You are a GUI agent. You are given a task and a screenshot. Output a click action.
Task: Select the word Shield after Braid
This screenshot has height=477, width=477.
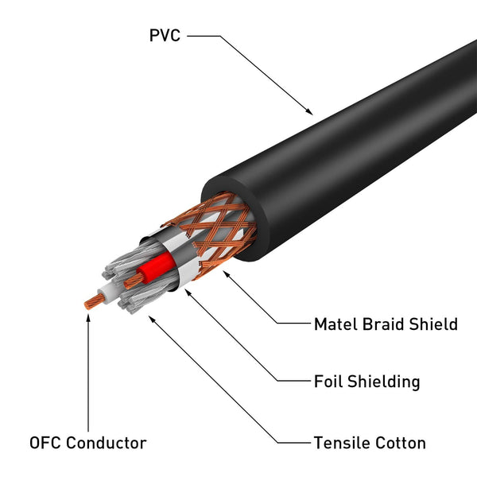(x=436, y=324)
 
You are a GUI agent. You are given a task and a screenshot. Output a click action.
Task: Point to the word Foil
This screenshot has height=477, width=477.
(x=330, y=382)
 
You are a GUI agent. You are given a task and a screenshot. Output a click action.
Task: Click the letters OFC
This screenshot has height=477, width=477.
(x=45, y=443)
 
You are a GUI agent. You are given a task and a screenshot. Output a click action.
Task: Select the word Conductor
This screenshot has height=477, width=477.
(x=107, y=443)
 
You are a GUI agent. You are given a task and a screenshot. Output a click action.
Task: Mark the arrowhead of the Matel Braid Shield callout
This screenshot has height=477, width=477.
(x=229, y=273)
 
